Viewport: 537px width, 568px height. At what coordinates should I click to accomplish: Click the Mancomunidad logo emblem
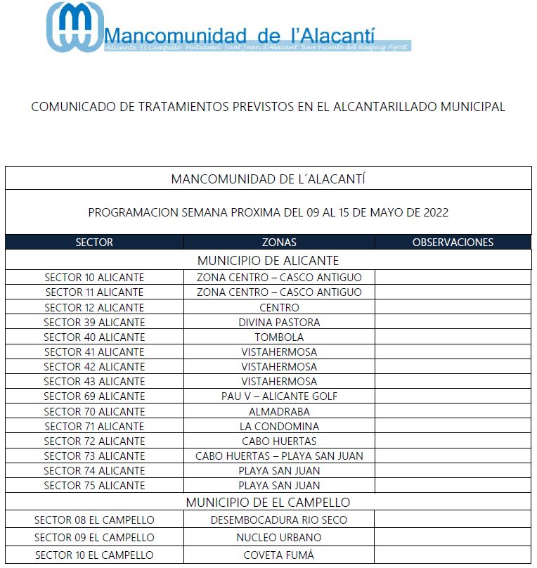click(x=74, y=27)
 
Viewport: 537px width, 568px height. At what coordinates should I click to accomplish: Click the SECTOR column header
click(x=94, y=243)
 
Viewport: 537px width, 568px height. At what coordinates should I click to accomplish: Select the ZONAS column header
click(x=279, y=243)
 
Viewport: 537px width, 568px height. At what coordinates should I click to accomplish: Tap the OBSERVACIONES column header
click(x=453, y=243)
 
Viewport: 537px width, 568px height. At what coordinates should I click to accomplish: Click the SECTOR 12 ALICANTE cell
click(x=94, y=307)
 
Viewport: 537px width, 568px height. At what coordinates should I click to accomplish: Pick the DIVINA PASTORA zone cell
click(x=279, y=322)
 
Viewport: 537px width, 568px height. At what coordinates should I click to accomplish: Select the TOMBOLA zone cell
click(x=279, y=337)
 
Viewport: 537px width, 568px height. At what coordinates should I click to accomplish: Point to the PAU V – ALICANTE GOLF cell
click(x=279, y=396)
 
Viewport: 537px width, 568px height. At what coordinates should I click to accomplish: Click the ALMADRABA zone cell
click(x=279, y=411)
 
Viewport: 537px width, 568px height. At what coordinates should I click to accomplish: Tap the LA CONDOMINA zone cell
click(x=279, y=427)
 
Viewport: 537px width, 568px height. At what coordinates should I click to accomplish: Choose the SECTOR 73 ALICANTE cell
click(x=94, y=456)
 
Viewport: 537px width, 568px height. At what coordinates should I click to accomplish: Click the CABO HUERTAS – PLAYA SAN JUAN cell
click(x=279, y=456)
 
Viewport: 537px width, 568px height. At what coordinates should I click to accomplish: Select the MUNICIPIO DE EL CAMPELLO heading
click(x=268, y=503)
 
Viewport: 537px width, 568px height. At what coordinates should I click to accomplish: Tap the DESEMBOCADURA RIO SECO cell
click(x=279, y=520)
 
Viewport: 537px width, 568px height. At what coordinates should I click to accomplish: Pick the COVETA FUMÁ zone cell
click(x=279, y=555)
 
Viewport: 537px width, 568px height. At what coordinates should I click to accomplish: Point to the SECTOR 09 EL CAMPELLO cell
click(x=94, y=538)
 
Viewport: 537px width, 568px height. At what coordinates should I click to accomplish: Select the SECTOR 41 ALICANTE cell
click(x=94, y=352)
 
